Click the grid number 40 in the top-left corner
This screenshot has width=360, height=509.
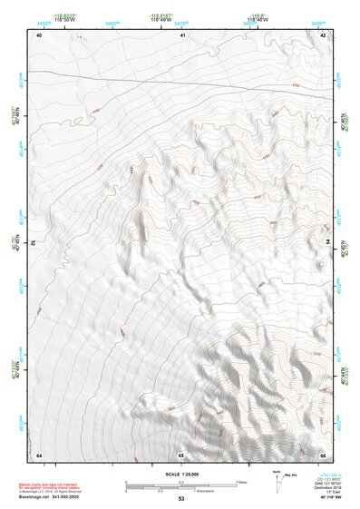pyautogui.click(x=39, y=34)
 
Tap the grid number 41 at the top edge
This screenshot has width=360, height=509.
pyautogui.click(x=182, y=34)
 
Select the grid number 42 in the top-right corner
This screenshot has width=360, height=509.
pyautogui.click(x=324, y=34)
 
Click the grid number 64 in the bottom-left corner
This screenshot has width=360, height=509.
pyautogui.click(x=39, y=454)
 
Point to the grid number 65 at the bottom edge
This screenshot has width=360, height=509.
pyautogui.click(x=181, y=454)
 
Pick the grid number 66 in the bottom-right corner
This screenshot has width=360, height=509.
pyautogui.click(x=324, y=454)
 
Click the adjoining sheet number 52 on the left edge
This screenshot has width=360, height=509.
pyautogui.click(x=33, y=243)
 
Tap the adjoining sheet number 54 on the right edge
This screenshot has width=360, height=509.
pyautogui.click(x=329, y=243)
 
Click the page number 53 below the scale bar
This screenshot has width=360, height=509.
pyautogui.click(x=180, y=500)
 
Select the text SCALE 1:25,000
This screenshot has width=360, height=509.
pyautogui.click(x=180, y=474)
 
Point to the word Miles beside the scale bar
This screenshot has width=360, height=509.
pyautogui.click(x=241, y=481)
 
